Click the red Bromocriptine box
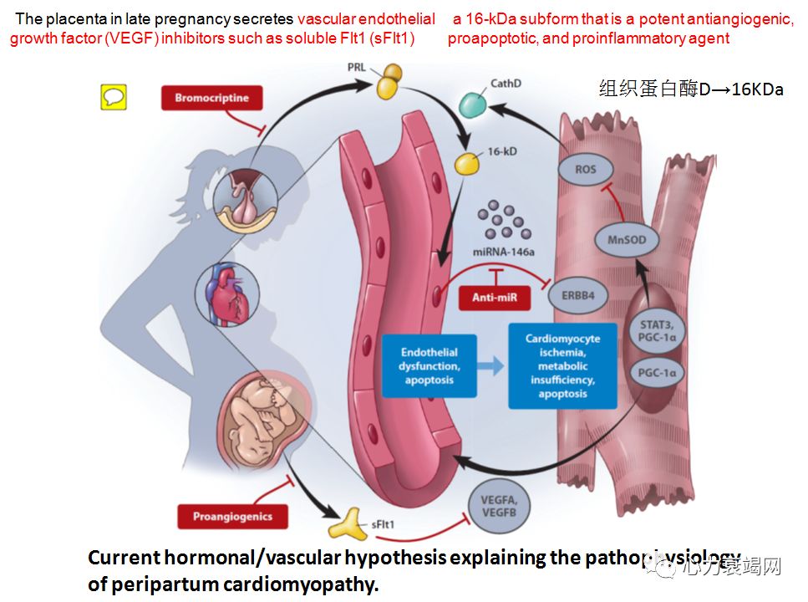coord(211,99)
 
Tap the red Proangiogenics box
coord(232,516)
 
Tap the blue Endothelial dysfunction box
coord(429,366)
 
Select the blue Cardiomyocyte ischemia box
coord(562,366)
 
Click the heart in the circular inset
coord(227,298)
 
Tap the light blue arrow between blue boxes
coord(495,366)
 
